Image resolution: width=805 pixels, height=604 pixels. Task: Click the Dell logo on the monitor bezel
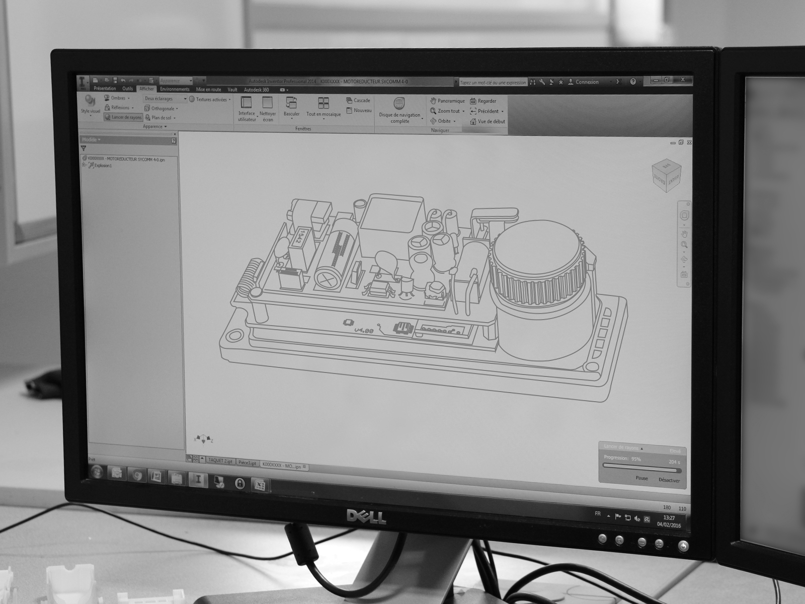click(366, 516)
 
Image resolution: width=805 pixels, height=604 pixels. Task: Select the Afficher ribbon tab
click(146, 89)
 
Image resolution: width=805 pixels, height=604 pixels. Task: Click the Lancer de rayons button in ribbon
click(124, 117)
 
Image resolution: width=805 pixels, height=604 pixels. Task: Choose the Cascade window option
click(358, 101)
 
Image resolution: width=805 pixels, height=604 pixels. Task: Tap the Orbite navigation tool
click(443, 121)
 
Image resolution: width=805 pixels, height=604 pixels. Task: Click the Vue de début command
click(488, 121)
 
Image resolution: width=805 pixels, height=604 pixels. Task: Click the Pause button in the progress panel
click(641, 478)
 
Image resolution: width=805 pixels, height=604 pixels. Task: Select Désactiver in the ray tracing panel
click(669, 480)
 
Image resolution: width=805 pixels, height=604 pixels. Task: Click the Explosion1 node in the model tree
click(103, 166)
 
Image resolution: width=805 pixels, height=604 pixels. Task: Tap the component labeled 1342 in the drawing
click(298, 236)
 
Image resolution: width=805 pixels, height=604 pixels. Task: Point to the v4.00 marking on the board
click(364, 331)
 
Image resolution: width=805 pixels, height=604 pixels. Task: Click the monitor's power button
click(683, 546)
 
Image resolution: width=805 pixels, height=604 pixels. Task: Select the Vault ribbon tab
click(232, 90)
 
